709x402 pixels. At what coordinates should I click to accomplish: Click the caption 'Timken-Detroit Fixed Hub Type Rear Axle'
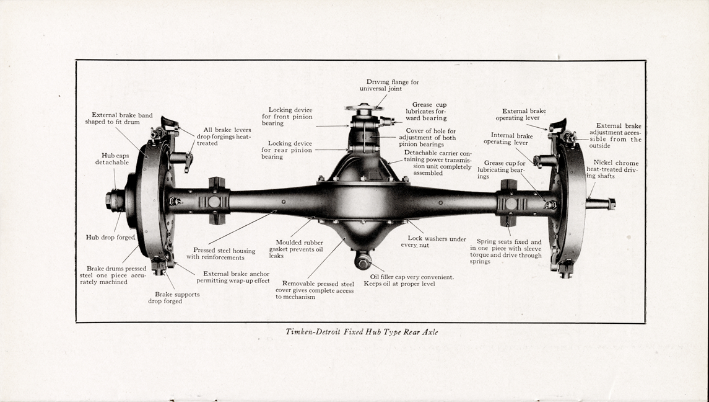coord(362,332)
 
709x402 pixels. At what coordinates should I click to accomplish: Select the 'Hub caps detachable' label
coord(112,159)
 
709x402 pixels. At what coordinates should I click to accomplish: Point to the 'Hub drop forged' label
coord(110,237)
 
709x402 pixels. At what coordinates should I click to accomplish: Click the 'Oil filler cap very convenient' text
coord(412,277)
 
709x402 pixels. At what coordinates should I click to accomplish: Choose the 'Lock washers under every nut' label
coord(437,241)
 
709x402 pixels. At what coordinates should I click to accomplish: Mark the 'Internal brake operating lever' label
coord(511,138)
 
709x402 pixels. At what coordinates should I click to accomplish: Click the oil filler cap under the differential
coord(363,260)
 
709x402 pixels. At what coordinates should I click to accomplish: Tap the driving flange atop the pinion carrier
coord(365,108)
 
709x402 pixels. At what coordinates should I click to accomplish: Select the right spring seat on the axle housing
coord(509,202)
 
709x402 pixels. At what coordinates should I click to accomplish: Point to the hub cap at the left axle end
coord(115,200)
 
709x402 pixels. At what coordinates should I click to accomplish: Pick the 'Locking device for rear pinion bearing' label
coord(286,150)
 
